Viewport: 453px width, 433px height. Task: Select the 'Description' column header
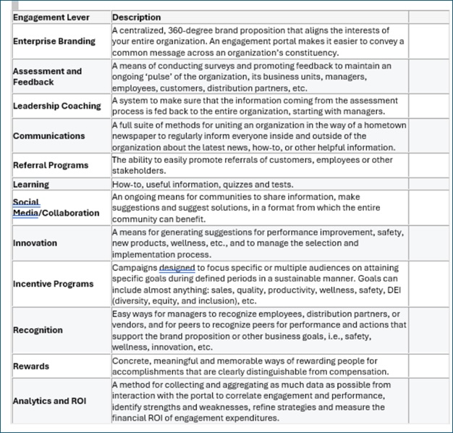(x=137, y=17)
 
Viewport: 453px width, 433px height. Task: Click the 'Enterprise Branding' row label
(x=54, y=41)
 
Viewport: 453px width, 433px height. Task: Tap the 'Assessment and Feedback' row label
(x=48, y=77)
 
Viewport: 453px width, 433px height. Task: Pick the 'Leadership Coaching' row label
(x=57, y=106)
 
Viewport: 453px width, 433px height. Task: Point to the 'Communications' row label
(x=49, y=135)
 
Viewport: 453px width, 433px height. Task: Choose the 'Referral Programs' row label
(x=51, y=165)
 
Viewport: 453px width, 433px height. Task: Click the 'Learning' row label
(x=31, y=185)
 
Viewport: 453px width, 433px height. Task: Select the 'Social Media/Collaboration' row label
(x=56, y=208)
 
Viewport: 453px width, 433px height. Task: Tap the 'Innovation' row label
(x=35, y=243)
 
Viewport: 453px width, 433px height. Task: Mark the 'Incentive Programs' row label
(x=54, y=283)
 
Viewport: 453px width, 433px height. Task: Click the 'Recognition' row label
(x=38, y=330)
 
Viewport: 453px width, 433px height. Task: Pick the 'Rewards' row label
(x=31, y=366)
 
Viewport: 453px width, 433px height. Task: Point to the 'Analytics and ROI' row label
(x=51, y=401)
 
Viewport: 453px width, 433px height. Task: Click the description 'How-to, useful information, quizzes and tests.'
(x=203, y=185)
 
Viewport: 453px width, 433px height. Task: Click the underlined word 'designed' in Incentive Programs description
(x=177, y=267)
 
